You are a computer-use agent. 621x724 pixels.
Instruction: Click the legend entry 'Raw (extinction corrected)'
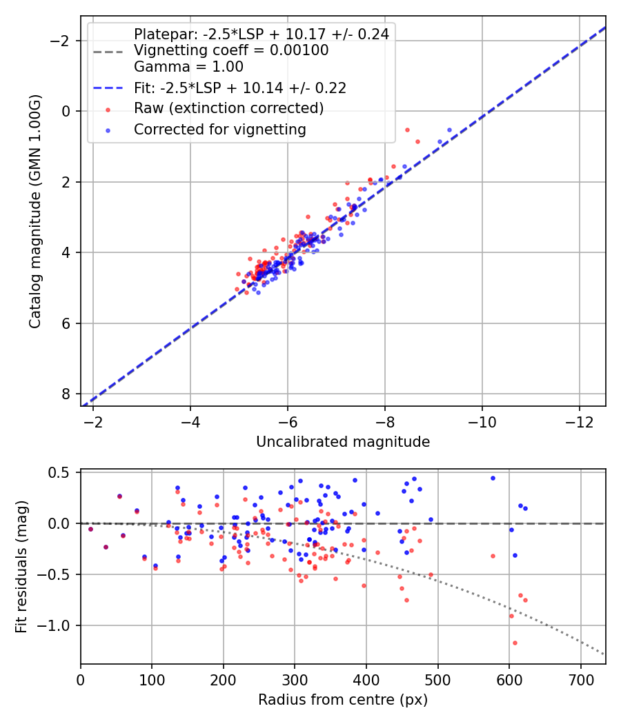coord(228,108)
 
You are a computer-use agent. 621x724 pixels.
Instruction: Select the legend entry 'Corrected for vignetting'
coord(220,129)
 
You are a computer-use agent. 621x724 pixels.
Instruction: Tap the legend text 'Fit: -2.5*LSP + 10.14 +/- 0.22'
coord(240,88)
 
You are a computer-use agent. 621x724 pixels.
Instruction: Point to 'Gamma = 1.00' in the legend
coord(188,67)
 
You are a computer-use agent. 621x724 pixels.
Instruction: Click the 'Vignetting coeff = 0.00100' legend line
coord(231,50)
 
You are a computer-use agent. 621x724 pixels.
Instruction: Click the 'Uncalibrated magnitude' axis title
coord(343,442)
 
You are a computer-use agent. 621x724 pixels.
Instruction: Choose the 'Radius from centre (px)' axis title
coord(343,700)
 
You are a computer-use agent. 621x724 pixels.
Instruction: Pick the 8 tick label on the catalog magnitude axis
coord(67,394)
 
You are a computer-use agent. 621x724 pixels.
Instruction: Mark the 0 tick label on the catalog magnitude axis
coord(67,111)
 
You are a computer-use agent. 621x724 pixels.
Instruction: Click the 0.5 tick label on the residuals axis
coord(61,472)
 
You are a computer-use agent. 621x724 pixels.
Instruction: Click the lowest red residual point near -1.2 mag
coord(515,643)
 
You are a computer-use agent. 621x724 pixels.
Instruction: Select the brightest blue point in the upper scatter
coord(449,130)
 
